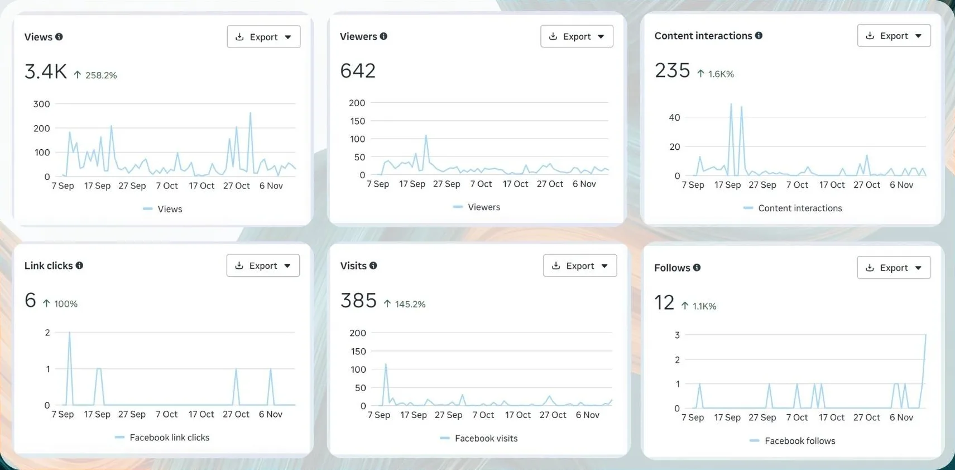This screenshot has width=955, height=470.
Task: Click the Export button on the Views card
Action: point(263,37)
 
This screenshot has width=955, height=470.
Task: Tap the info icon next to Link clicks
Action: point(79,265)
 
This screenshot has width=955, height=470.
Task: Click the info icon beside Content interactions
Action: point(759,36)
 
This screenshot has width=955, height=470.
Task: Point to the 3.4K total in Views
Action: point(46,72)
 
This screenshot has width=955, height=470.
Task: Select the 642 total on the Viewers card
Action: point(358,71)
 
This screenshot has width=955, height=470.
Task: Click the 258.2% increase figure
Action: point(100,75)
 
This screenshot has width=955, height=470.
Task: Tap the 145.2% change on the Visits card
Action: point(410,305)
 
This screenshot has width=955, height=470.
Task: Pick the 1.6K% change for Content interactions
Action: point(721,74)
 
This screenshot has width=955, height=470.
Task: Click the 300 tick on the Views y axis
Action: point(42,104)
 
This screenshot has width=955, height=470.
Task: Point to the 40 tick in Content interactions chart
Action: point(674,117)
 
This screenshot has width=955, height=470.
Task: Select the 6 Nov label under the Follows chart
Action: point(901,417)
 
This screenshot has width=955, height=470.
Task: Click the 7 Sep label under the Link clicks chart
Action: point(63,414)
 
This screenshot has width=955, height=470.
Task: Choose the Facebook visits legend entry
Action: point(486,439)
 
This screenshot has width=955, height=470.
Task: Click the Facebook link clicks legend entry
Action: point(169,438)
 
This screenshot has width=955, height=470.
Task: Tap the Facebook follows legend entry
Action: point(799,441)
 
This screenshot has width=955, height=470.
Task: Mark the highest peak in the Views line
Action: point(250,113)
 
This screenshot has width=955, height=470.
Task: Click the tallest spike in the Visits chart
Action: point(386,364)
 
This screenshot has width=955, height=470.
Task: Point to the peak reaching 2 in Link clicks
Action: point(69,333)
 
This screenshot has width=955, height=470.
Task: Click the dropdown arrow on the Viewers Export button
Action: point(601,37)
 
